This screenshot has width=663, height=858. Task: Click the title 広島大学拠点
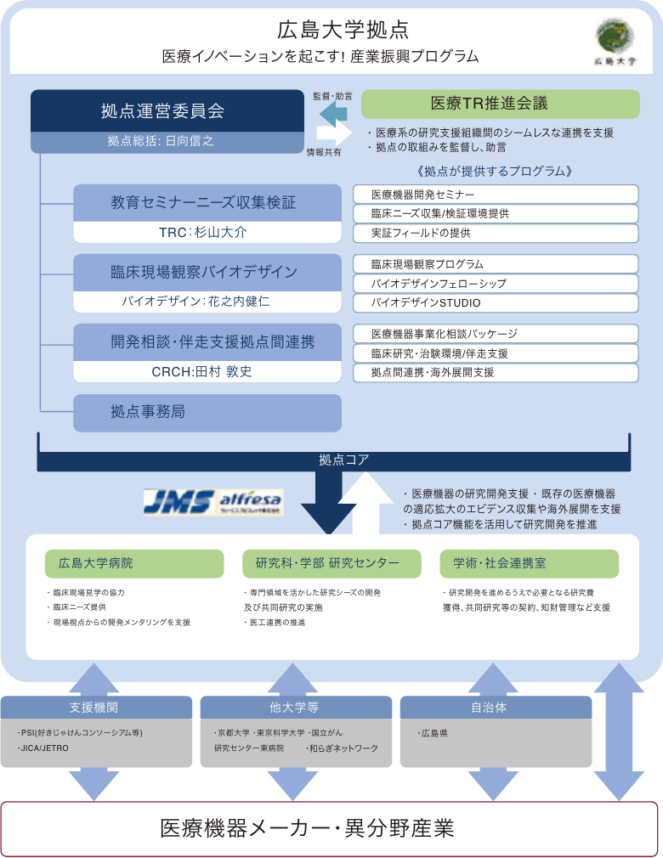point(343,31)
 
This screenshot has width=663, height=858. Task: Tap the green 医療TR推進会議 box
point(501,104)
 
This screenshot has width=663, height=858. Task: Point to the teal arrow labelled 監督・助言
point(333,112)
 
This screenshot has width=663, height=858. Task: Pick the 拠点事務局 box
point(207,413)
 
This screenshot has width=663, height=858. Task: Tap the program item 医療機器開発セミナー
point(496,195)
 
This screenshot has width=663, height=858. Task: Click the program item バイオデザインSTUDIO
point(496,302)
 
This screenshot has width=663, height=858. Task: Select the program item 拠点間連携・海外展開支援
point(496,372)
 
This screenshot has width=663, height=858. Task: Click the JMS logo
point(178,501)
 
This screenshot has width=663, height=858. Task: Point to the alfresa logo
point(250,500)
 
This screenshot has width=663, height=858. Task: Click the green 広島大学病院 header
point(134,563)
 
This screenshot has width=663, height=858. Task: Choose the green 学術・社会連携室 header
point(529,563)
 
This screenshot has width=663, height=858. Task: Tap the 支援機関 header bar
point(94,708)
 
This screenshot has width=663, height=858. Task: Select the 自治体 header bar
point(496,708)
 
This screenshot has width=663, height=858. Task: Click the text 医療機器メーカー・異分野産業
point(307,828)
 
